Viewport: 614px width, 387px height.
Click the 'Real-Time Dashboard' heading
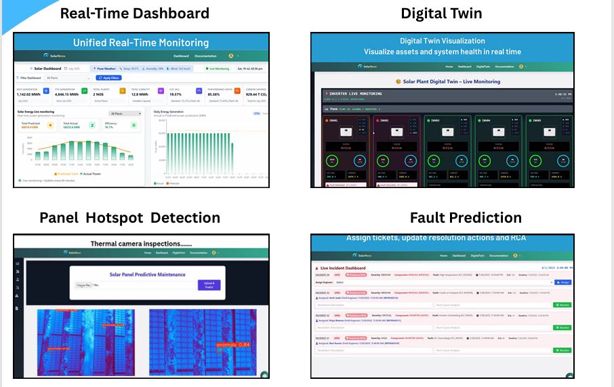pyautogui.click(x=135, y=14)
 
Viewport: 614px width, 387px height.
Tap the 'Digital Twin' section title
pyautogui.click(x=441, y=14)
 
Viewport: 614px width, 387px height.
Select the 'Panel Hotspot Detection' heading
pyautogui.click(x=129, y=218)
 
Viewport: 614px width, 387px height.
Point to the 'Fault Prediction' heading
pyautogui.click(x=466, y=218)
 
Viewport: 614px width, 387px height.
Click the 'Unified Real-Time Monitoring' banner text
pyautogui.click(x=141, y=42)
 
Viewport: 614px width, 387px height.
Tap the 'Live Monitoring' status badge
pyautogui.click(x=218, y=69)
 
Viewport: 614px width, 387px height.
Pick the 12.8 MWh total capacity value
pyautogui.click(x=140, y=95)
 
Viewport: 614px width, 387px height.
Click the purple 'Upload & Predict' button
pyautogui.click(x=209, y=285)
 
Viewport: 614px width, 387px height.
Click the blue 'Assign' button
pyautogui.click(x=562, y=282)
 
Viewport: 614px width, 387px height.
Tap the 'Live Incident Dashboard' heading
pyautogui.click(x=346, y=269)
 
